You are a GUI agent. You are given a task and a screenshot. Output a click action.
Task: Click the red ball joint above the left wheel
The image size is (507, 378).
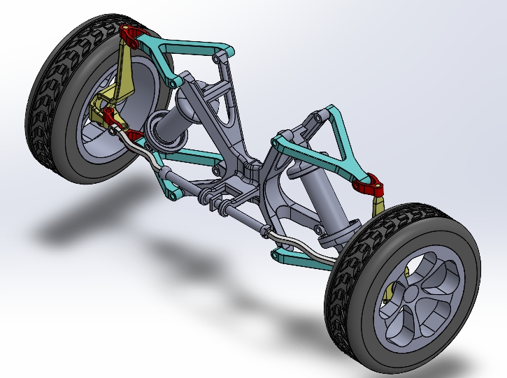[x=131, y=34]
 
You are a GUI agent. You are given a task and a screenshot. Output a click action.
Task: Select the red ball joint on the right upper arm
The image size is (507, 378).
[x=368, y=184]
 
